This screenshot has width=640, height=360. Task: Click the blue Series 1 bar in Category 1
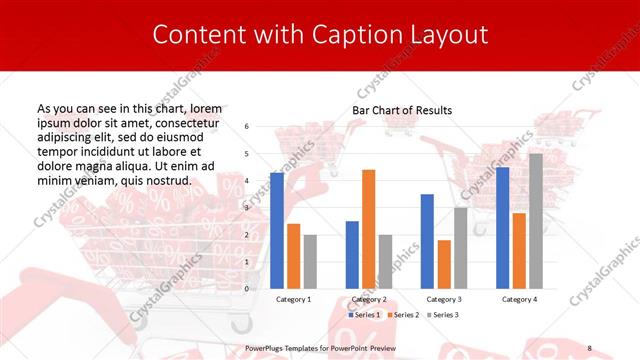[277, 231]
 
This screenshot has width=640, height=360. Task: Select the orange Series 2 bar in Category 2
[368, 229]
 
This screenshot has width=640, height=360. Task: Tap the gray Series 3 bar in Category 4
[535, 221]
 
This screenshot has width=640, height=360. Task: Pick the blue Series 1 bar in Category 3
[427, 241]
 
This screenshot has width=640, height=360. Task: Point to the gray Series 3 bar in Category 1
[310, 262]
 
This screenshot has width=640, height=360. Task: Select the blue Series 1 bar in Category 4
[502, 228]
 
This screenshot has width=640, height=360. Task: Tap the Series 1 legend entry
[364, 315]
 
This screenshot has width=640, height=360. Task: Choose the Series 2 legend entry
[403, 315]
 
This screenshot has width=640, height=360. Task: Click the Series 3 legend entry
[442, 315]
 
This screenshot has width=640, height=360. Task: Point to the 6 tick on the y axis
[247, 127]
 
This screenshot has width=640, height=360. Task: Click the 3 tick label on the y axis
[247, 208]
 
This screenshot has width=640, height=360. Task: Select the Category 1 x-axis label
[293, 299]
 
